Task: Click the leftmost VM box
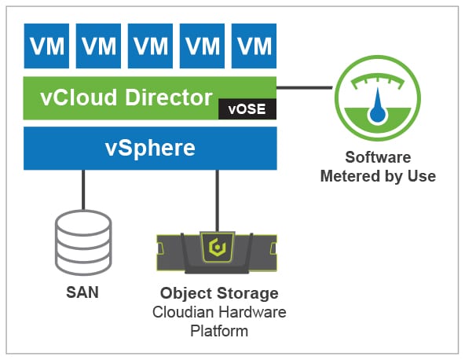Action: (x=46, y=46)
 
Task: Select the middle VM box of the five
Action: (x=150, y=46)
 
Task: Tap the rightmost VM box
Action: (x=254, y=46)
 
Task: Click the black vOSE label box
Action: (x=247, y=109)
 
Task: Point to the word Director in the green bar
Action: (x=169, y=97)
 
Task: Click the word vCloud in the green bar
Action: (x=79, y=97)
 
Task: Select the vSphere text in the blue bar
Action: (x=150, y=148)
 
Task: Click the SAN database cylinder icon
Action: (x=83, y=243)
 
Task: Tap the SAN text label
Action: (x=82, y=292)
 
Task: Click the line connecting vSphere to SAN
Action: (x=83, y=190)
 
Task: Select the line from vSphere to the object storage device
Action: (x=218, y=201)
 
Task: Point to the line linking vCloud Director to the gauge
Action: (x=305, y=87)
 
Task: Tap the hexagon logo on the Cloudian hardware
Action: (x=218, y=248)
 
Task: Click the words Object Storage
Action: (x=219, y=293)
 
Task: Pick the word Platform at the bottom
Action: (x=219, y=331)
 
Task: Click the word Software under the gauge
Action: (x=378, y=157)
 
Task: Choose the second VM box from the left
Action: (x=98, y=46)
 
